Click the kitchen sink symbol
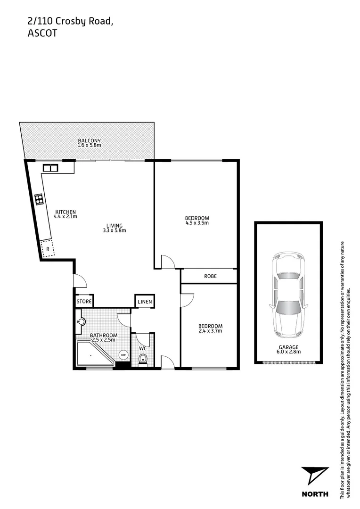pos(49,167)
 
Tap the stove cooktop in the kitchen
pos(38,199)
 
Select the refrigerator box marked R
pos(48,248)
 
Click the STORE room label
pos(84,301)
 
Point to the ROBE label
pos(210,276)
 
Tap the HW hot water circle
pos(123,354)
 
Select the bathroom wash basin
pos(81,322)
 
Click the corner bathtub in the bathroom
pos(92,355)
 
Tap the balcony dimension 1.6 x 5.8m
pos(90,145)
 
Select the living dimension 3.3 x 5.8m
pos(114,230)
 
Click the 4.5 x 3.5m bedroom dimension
pos(197,223)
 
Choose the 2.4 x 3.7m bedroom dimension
pos(210,331)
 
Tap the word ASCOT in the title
pos(42,33)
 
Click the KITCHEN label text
pos(65,212)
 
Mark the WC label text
pos(143,349)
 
